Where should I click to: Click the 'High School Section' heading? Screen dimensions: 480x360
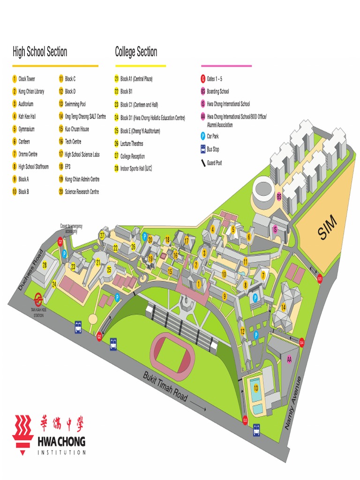(x=40, y=52)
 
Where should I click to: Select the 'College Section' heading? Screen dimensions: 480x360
(x=136, y=52)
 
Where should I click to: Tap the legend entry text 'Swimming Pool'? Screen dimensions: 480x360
(x=75, y=104)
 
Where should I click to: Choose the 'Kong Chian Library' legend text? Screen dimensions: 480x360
(x=31, y=91)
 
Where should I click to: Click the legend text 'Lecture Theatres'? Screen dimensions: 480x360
(x=132, y=143)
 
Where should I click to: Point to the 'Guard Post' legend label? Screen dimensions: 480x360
(x=214, y=163)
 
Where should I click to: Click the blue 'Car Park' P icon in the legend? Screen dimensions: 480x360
(x=202, y=136)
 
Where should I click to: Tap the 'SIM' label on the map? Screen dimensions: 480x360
(x=327, y=230)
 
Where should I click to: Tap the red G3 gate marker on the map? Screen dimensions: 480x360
(x=245, y=420)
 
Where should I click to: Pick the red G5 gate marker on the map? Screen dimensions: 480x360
(x=320, y=279)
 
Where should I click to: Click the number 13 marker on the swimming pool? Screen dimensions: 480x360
(x=256, y=388)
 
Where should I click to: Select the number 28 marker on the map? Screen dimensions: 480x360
(x=45, y=265)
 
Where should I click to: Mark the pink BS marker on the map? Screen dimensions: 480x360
(x=279, y=196)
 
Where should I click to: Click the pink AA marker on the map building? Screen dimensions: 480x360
(x=289, y=359)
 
